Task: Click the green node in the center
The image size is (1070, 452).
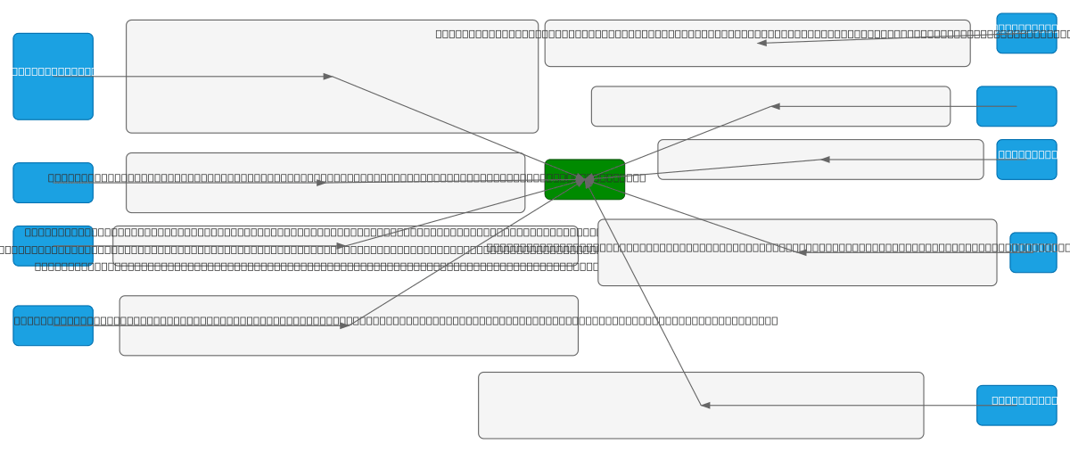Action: point(584,179)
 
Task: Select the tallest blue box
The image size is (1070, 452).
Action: point(53,77)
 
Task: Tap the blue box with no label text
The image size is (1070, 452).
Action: point(1016,106)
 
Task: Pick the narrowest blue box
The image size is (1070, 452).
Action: point(1033,252)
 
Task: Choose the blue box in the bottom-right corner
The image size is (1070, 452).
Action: point(1016,405)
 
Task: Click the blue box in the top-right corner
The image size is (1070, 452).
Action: point(1025,33)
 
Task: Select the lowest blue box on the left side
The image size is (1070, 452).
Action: point(53,325)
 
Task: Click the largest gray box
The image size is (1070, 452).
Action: point(332,77)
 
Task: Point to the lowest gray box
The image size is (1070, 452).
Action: point(700,405)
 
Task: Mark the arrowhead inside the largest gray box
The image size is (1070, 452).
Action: point(328,77)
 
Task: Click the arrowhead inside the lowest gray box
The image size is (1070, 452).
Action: point(705,406)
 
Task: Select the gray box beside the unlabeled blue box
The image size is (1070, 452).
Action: point(770,106)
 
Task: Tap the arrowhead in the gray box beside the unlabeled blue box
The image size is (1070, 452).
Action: point(776,106)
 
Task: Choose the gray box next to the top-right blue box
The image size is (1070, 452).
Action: point(757,43)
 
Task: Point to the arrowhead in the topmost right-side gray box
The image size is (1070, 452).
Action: point(762,43)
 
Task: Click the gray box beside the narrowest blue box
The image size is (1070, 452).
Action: point(796,252)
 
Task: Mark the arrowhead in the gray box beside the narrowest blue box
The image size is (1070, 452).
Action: point(802,252)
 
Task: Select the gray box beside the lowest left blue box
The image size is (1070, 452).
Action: point(348,325)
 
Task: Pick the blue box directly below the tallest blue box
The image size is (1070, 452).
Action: point(53,183)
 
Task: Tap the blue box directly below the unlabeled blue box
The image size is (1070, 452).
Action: point(1025,160)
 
